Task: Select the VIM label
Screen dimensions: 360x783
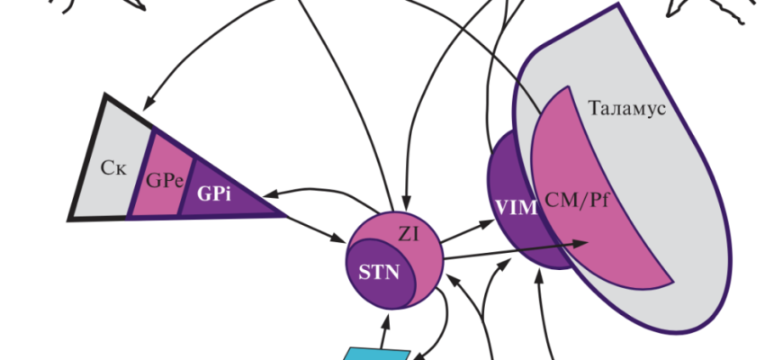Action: click(x=515, y=208)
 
